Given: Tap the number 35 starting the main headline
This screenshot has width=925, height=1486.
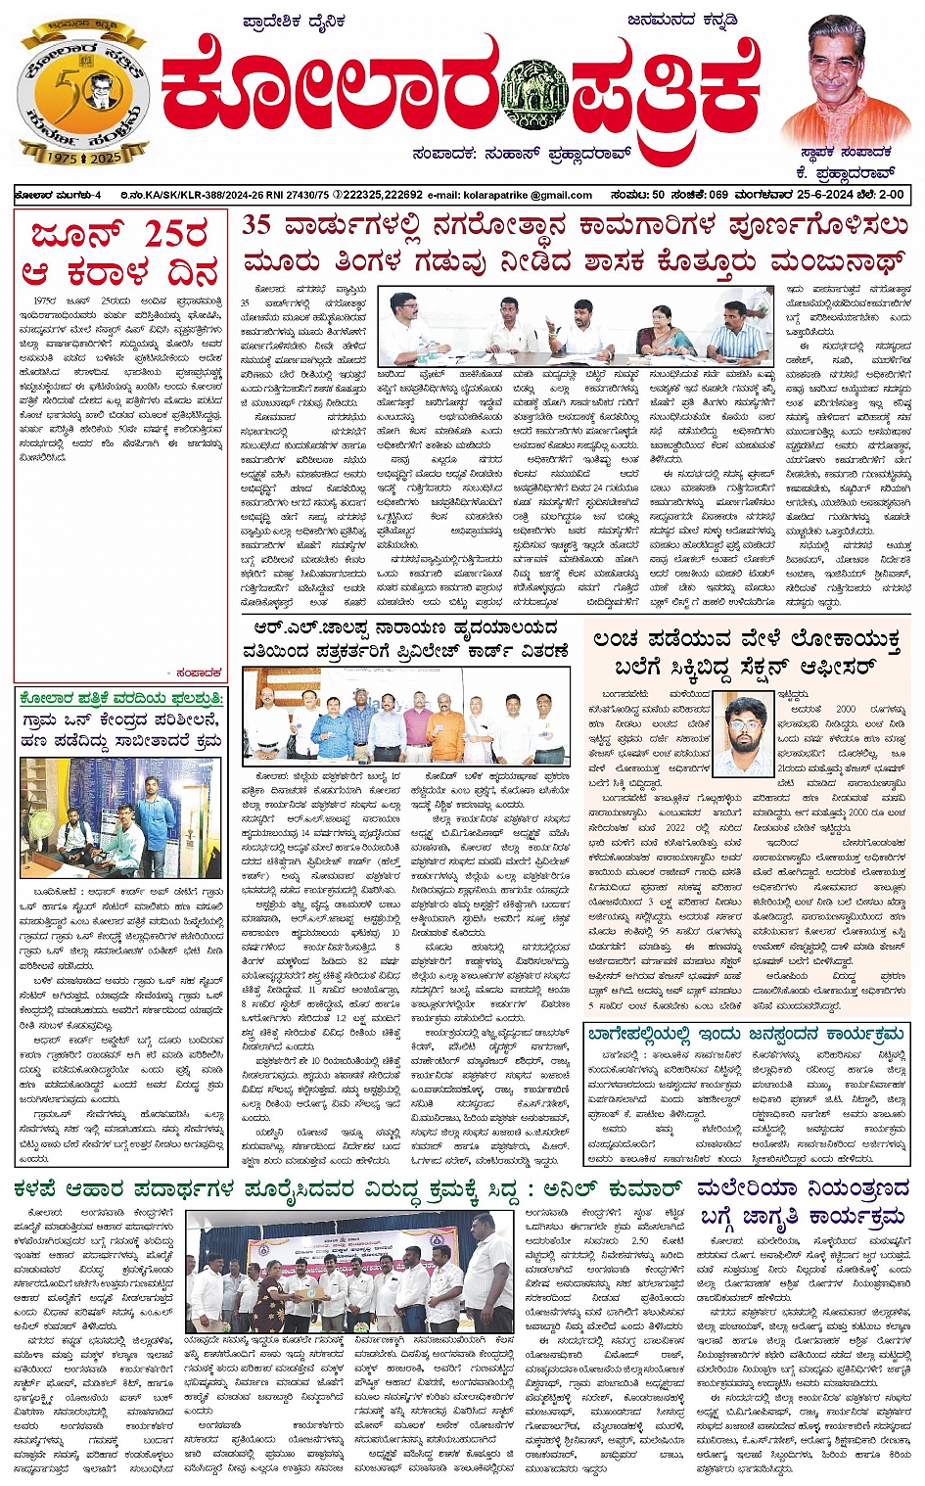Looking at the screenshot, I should click(x=256, y=225).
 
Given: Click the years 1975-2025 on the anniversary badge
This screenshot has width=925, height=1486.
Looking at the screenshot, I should click(x=84, y=158).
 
